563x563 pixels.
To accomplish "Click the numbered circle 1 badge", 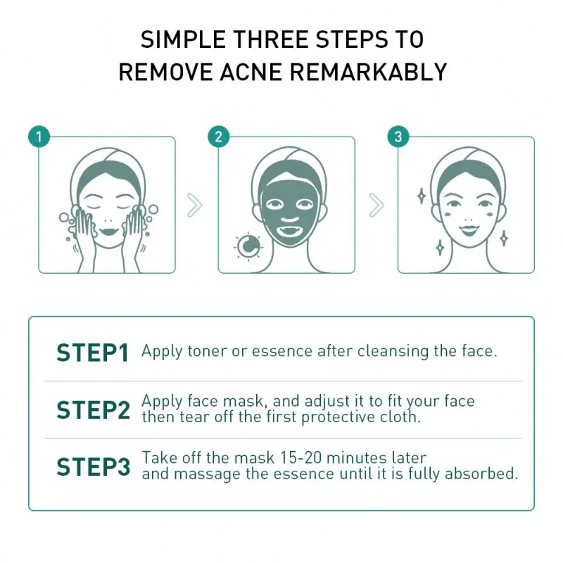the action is (39, 137).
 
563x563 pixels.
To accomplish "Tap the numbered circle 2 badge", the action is (218, 137).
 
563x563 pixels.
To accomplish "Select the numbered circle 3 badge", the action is (398, 137).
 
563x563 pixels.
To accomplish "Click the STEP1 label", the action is (93, 353).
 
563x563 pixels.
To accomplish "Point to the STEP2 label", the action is (93, 410).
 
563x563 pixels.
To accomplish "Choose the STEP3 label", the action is (93, 467).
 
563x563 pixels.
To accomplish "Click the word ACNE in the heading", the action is (251, 72).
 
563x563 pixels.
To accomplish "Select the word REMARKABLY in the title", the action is (368, 72).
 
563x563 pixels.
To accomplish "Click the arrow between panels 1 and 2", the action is (195, 205).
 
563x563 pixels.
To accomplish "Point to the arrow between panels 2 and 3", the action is (377, 205).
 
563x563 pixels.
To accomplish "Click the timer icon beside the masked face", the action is (248, 247).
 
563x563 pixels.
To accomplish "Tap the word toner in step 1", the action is (207, 351).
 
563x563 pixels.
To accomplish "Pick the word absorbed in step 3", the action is (480, 474).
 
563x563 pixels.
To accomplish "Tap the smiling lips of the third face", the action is (469, 230).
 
